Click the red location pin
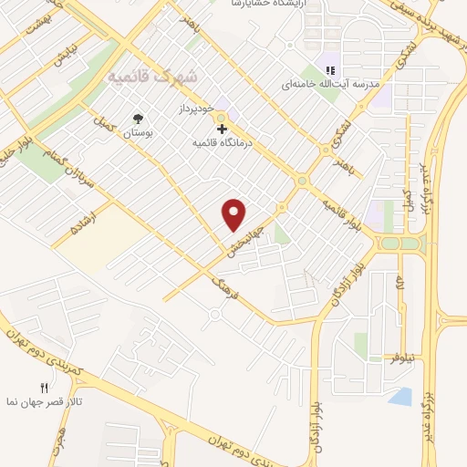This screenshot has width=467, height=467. pos(234,213)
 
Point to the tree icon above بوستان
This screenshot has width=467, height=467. pos(138,119)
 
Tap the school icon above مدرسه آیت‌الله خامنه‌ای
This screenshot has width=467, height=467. pos(331,70)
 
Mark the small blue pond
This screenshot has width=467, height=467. pos(400,396)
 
